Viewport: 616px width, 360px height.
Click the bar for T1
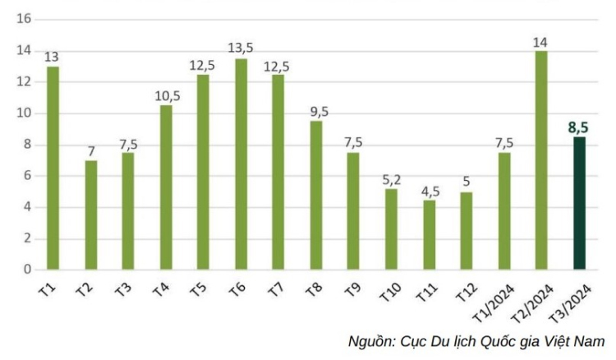(x=53, y=168)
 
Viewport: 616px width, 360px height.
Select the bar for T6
(x=241, y=164)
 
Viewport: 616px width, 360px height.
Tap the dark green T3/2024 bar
(x=580, y=203)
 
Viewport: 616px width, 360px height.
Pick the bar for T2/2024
(x=542, y=159)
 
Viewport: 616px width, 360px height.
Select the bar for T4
(x=166, y=187)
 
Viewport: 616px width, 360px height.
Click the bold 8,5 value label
(x=579, y=127)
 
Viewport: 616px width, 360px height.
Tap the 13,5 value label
(x=241, y=48)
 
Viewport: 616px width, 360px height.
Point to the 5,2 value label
(x=392, y=178)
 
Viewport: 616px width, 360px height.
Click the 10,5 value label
(x=166, y=95)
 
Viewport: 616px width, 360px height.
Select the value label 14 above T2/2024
(x=542, y=41)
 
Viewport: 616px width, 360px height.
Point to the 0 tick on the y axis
(x=27, y=270)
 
